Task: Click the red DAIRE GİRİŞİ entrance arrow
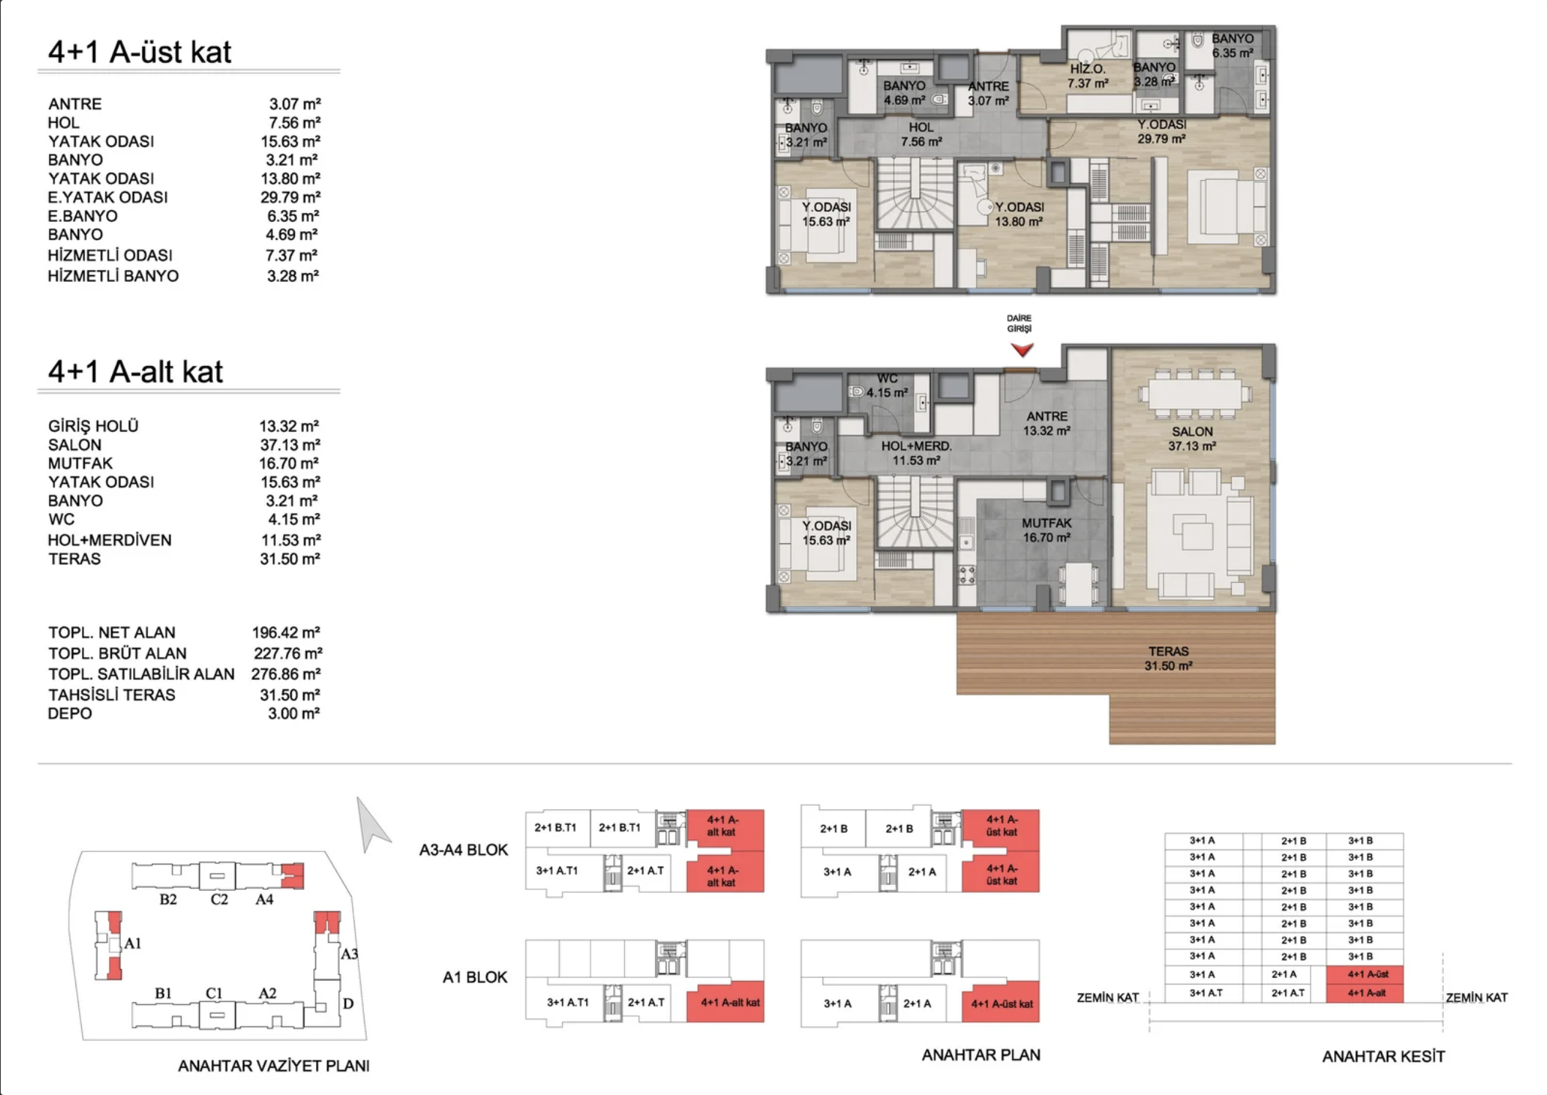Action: [1022, 349]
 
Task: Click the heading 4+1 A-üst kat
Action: [139, 52]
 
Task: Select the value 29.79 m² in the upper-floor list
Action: [290, 197]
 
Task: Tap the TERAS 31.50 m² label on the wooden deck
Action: [1168, 658]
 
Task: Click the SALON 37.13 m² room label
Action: [1191, 438]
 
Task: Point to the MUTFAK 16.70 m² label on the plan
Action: [1046, 530]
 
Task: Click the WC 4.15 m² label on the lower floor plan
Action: [886, 386]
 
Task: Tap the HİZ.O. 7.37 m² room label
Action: [1087, 76]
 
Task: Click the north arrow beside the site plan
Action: [372, 826]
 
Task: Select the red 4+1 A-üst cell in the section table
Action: [1367, 974]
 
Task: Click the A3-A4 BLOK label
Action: [463, 850]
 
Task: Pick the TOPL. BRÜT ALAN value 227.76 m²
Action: [288, 653]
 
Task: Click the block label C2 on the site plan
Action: [219, 899]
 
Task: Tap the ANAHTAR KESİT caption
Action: [1382, 1056]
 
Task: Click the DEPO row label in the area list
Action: [70, 714]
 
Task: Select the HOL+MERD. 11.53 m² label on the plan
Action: [915, 453]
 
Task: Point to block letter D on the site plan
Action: [348, 1004]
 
